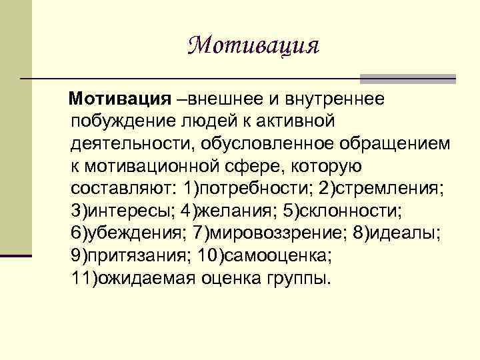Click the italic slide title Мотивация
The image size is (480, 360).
coord(253,46)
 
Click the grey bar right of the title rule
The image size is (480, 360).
coord(407,79)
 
